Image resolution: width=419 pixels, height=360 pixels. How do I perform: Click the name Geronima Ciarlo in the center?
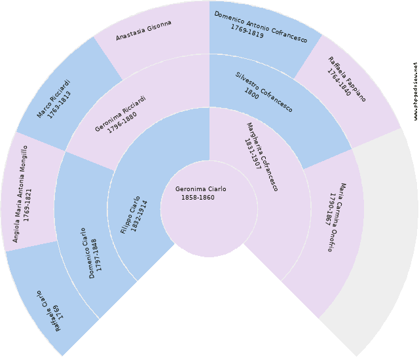pos(201,189)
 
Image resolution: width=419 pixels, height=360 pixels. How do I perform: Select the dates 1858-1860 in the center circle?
pos(198,198)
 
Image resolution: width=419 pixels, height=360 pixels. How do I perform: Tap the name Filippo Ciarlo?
pos(130,214)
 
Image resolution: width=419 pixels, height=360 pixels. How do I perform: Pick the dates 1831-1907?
pos(253,154)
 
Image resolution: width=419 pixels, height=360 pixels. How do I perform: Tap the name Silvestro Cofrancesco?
pos(264,91)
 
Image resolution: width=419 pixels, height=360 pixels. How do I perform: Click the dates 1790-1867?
pos(334,211)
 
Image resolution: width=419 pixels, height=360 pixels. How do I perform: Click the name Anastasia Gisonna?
pos(143,30)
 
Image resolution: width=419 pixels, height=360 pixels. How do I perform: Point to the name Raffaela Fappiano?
pos(347,79)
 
